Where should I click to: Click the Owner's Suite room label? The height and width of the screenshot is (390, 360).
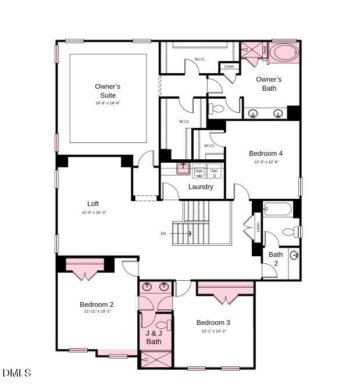[x=108, y=91]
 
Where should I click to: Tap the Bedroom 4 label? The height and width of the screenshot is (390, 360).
[x=266, y=153]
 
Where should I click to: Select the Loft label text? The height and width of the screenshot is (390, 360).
[x=93, y=204]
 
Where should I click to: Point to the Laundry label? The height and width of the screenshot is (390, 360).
[x=201, y=187]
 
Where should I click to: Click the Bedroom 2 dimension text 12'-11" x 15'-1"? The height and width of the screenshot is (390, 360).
[x=97, y=312]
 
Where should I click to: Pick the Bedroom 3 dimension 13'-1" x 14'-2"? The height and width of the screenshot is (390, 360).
[x=213, y=331]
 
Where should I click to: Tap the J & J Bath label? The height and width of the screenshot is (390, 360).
[x=154, y=338]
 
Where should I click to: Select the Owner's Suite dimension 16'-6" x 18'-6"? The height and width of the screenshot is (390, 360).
[x=108, y=103]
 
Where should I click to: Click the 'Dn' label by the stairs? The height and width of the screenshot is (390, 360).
[x=164, y=234]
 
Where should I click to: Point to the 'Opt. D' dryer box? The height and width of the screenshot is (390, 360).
[x=214, y=173]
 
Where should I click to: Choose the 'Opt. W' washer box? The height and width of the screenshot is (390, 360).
[x=199, y=173]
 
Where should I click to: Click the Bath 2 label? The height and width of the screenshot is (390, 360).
[x=276, y=259]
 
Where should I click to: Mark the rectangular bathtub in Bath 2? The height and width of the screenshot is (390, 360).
[x=277, y=209]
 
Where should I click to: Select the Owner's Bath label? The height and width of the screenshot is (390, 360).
[x=269, y=84]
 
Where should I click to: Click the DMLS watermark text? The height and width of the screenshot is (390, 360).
[x=17, y=373]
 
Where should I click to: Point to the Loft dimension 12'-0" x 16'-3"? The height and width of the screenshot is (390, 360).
[x=94, y=213]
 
